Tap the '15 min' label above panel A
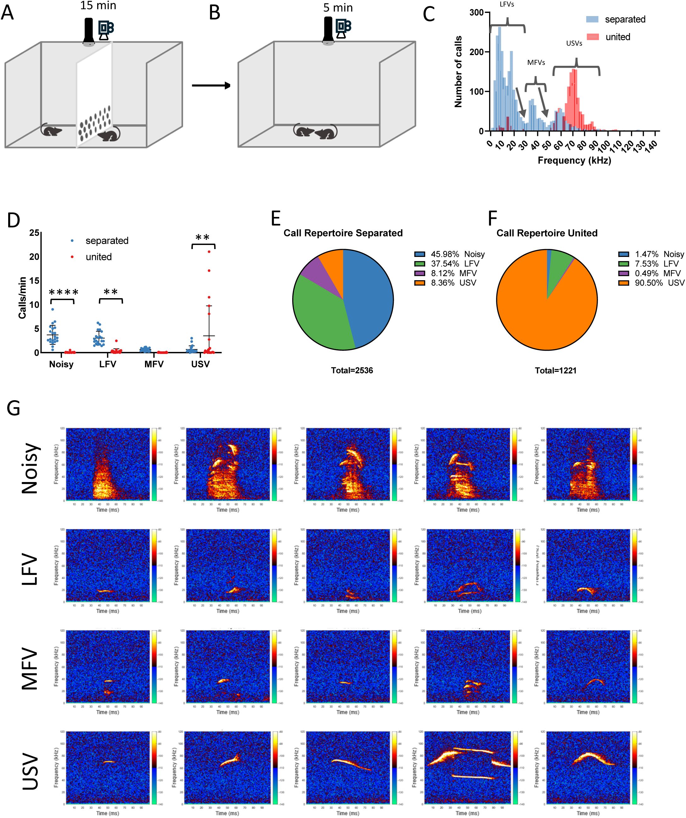pyautogui.click(x=98, y=6)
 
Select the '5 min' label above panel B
pyautogui.click(x=338, y=8)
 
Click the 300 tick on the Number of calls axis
pyautogui.click(x=476, y=13)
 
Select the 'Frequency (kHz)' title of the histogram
pyautogui.click(x=574, y=161)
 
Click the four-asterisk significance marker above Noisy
pyautogui.click(x=64, y=292)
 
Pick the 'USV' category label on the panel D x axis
pyautogui.click(x=200, y=364)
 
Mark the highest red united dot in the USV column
pyautogui.click(x=209, y=252)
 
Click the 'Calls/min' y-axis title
pyautogui.click(x=22, y=298)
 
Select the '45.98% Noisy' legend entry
pyautogui.click(x=449, y=254)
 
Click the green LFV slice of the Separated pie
pyautogui.click(x=319, y=312)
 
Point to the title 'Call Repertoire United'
pyautogui.click(x=547, y=233)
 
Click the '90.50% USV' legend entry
pyautogui.click(x=651, y=283)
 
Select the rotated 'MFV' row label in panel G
pyautogui.click(x=30, y=668)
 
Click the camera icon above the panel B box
pyautogui.click(x=343, y=28)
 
